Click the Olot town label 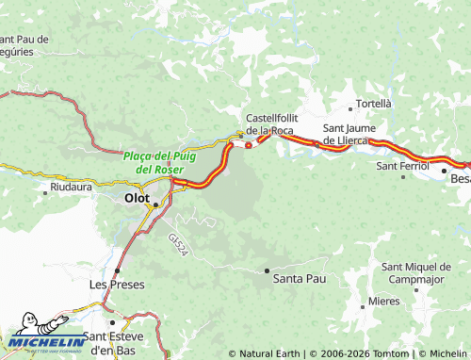coord(137,199)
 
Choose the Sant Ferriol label coord(402,166)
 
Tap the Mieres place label coord(383,301)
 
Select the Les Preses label coord(113,284)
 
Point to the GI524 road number coord(181,246)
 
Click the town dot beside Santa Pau coord(267,270)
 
